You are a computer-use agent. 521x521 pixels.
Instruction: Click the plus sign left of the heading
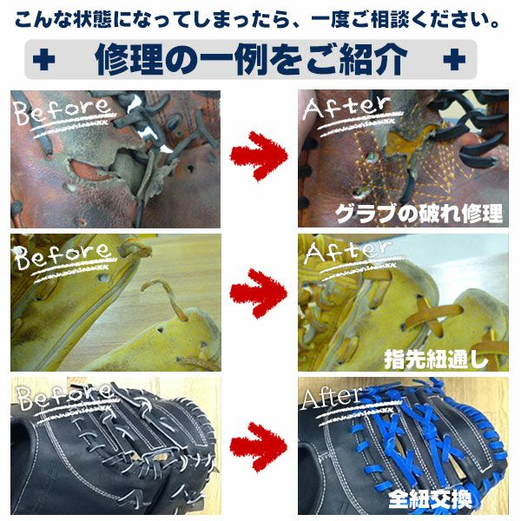pos(43,60)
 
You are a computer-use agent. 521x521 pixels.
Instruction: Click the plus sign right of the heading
pos(454,60)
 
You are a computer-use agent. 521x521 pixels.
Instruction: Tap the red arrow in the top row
pos(259,155)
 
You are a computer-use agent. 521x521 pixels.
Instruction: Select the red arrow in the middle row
pos(259,293)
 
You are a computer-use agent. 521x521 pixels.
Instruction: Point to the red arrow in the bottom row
pos(259,446)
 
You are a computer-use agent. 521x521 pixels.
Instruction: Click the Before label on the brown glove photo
pos(62,110)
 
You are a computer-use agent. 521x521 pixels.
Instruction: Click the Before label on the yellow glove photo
pos(62,255)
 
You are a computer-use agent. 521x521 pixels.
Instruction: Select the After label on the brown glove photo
pos(346,107)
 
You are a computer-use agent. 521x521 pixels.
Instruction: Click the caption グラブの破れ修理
pos(419,214)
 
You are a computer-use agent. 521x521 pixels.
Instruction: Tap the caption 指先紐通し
pos(436,358)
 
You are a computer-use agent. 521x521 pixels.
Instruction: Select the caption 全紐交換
pos(430,499)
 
